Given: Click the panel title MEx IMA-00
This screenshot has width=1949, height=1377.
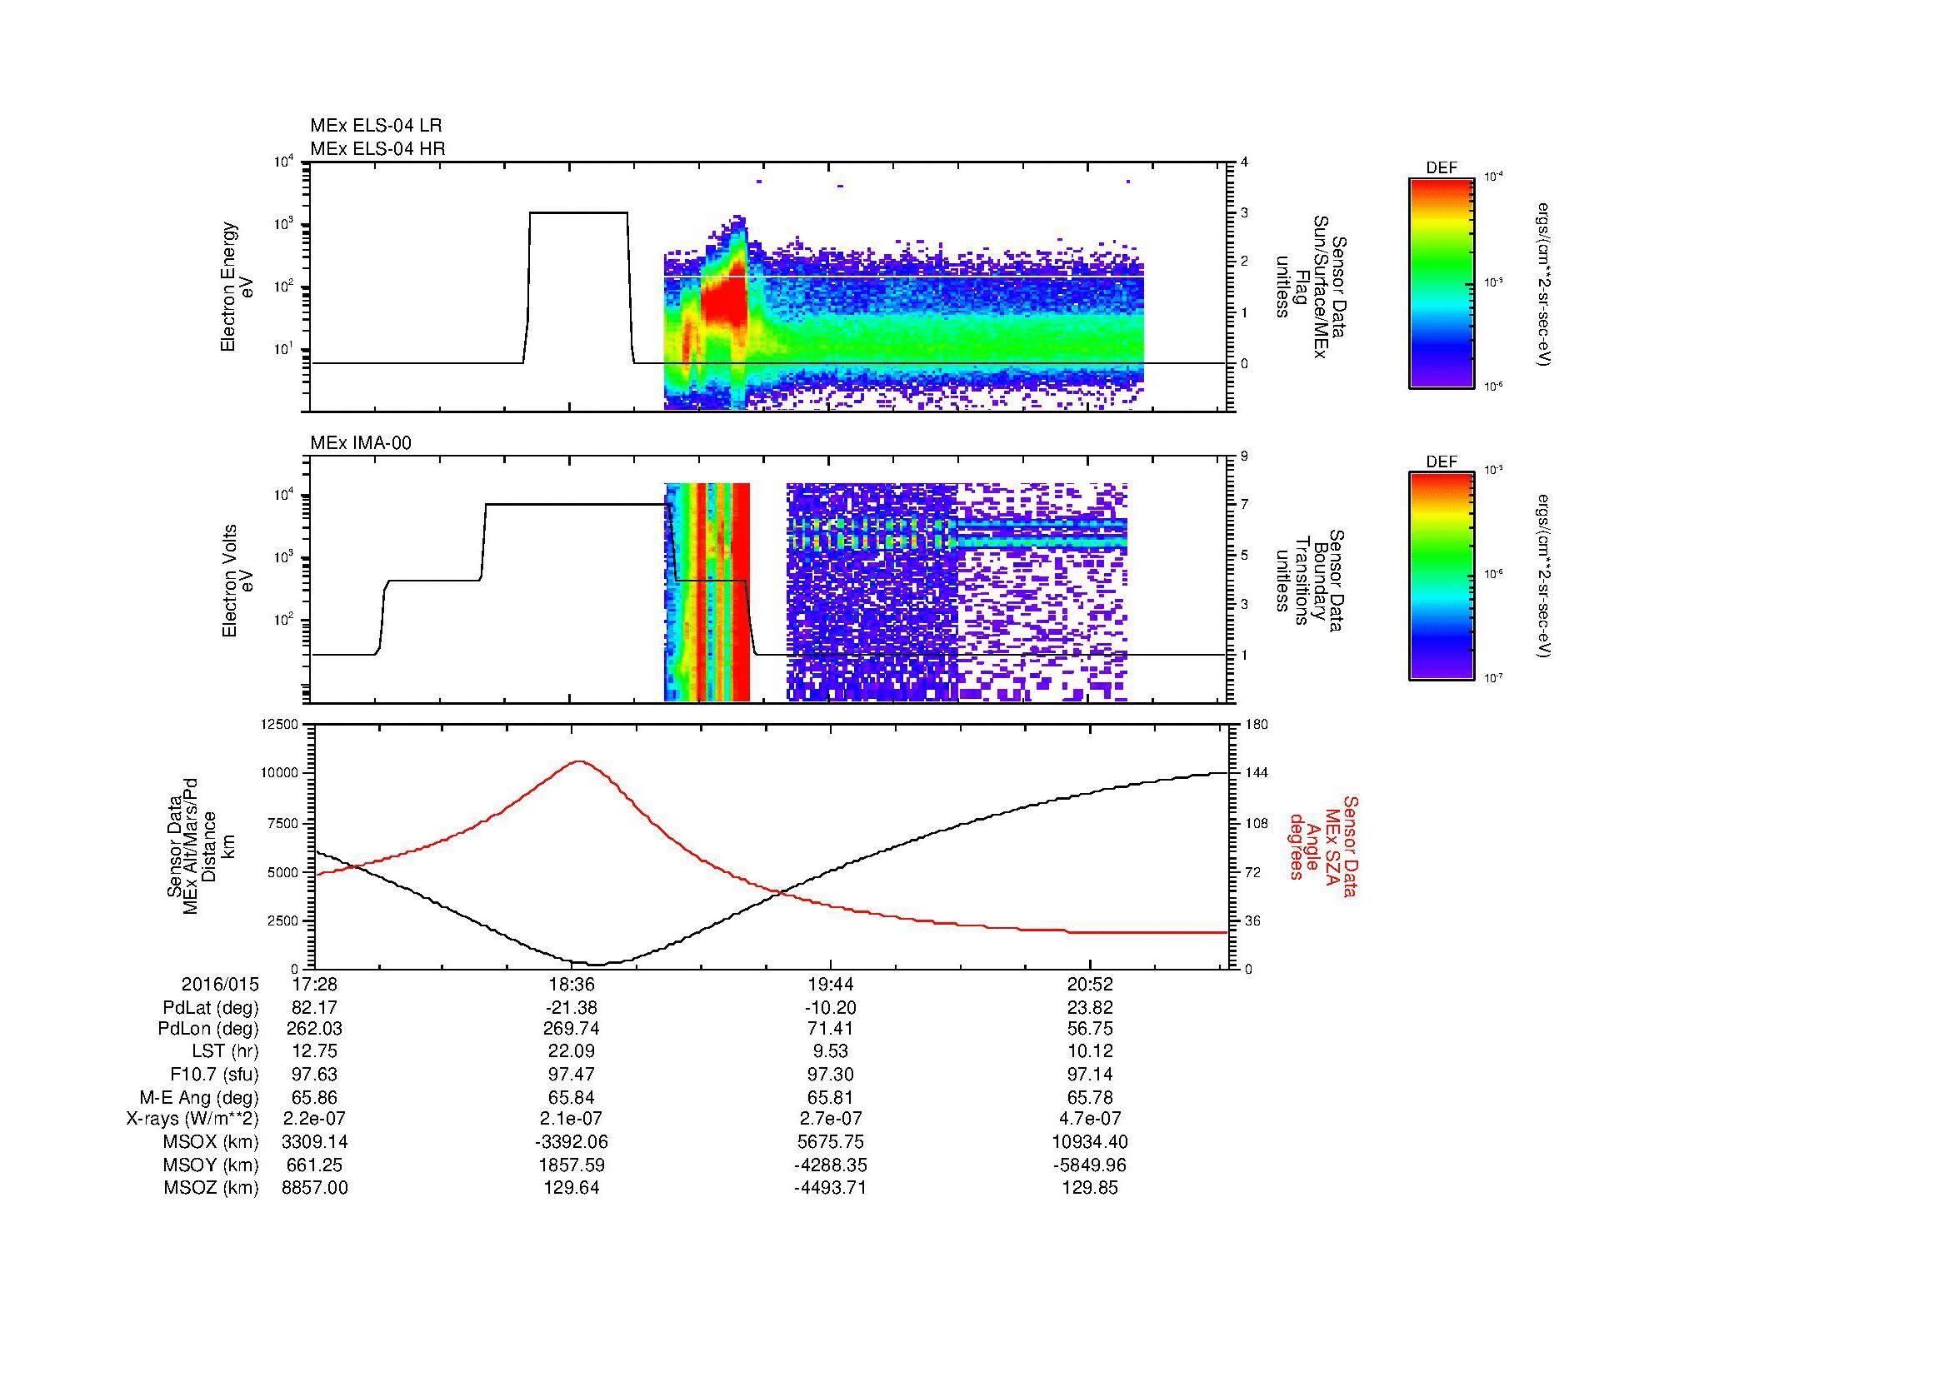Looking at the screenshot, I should tap(361, 443).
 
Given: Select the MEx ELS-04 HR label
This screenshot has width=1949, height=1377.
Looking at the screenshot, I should tap(377, 148).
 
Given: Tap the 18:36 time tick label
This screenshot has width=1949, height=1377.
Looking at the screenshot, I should tap(572, 985).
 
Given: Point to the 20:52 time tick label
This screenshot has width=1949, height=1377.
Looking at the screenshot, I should tap(1090, 985).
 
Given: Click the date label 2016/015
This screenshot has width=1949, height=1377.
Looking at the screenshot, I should tap(220, 985).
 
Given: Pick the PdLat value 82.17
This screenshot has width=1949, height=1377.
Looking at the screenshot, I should tap(314, 1008).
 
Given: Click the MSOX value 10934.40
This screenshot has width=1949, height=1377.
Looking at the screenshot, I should tap(1090, 1142).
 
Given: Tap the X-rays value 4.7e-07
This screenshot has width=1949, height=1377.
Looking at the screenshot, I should tap(1090, 1119).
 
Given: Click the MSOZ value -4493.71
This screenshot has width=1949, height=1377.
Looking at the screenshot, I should tap(830, 1188).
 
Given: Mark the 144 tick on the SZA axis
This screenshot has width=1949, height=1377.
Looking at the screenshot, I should tap(1256, 773).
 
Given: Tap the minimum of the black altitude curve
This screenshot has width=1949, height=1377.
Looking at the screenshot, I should tap(597, 965).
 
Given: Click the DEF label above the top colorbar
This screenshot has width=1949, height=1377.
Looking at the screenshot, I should tap(1442, 168).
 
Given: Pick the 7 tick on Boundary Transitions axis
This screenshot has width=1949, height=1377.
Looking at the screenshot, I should tap(1244, 505).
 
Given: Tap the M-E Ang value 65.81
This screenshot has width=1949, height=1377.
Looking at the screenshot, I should tap(830, 1097).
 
